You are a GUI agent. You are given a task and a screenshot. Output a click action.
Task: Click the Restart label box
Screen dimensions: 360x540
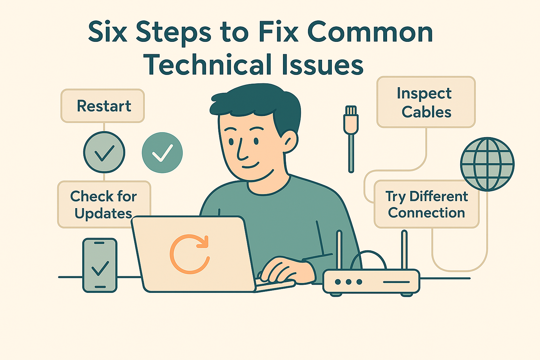pyautogui.click(x=103, y=106)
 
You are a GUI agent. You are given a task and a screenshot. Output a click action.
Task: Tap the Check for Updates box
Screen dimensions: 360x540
pyautogui.click(x=104, y=204)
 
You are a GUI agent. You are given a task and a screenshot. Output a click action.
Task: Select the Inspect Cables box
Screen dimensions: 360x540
pyautogui.click(x=426, y=102)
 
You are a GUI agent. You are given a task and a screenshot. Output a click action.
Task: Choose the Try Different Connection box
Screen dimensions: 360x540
pyautogui.click(x=426, y=204)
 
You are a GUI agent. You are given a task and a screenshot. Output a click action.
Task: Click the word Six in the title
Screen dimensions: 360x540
pyautogui.click(x=108, y=32)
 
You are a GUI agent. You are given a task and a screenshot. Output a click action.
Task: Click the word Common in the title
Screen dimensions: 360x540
pyautogui.click(x=370, y=32)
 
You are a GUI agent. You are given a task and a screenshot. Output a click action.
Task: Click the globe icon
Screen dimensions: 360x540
pyautogui.click(x=487, y=164)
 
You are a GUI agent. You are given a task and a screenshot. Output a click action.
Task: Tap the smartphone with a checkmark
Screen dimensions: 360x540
pyautogui.click(x=100, y=265)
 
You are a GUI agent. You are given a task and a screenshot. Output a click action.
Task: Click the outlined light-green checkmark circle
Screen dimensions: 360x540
pyautogui.click(x=104, y=152)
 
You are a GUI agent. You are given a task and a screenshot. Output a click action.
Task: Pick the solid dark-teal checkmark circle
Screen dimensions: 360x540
pyautogui.click(x=162, y=153)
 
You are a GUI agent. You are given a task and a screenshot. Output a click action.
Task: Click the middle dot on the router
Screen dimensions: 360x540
pyautogui.click(x=348, y=282)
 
